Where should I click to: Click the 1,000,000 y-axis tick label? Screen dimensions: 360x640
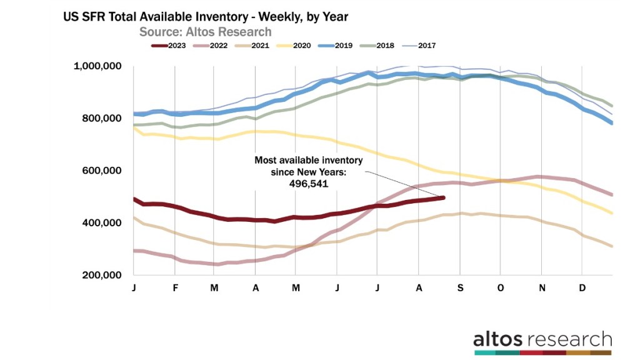pyautogui.click(x=98, y=67)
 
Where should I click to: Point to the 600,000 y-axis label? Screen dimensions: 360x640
pyautogui.click(x=103, y=171)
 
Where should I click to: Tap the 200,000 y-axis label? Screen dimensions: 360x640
pyautogui.click(x=103, y=276)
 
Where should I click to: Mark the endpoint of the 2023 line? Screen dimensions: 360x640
pyautogui.click(x=443, y=197)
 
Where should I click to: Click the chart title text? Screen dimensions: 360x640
pyautogui.click(x=205, y=17)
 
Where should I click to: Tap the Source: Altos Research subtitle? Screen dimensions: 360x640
pyautogui.click(x=205, y=31)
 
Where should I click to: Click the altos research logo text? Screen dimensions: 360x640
pyautogui.click(x=542, y=339)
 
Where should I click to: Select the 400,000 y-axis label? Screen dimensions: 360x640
pyautogui.click(x=103, y=223)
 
